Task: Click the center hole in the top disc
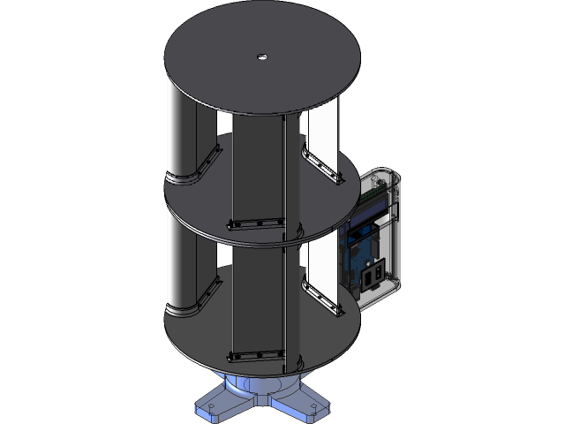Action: click(x=261, y=57)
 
